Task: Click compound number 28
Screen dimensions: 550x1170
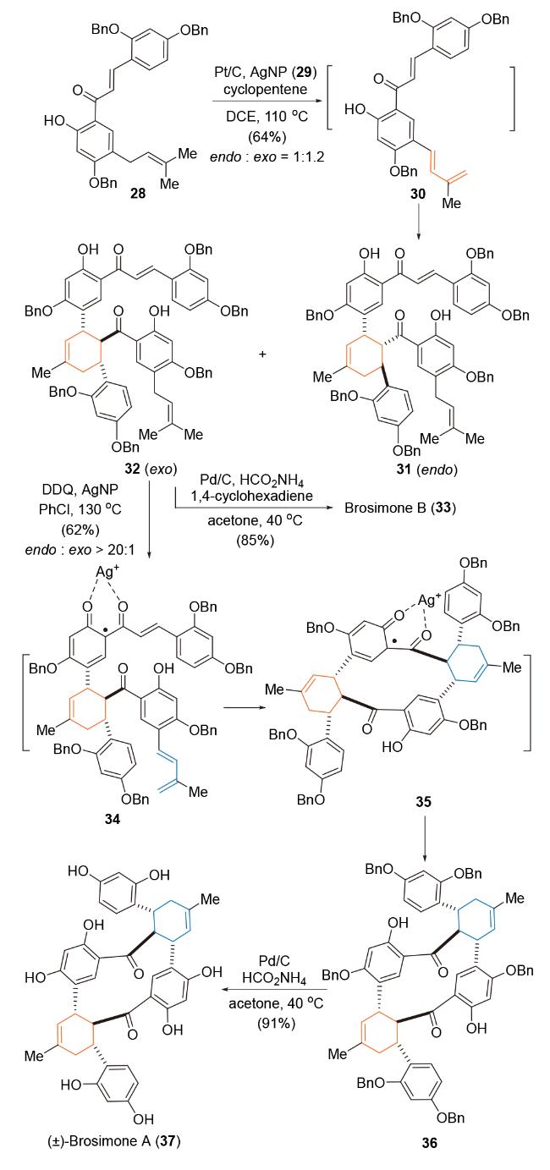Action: coord(138,193)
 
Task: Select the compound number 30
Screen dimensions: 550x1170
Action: coord(418,194)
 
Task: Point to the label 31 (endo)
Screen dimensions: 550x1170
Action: coord(426,469)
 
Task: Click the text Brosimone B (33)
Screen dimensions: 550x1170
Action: coord(400,508)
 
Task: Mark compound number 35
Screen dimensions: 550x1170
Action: coord(424,800)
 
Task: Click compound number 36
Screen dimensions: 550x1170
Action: coord(429,1143)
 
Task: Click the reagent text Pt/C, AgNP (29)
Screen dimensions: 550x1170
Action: coord(266,73)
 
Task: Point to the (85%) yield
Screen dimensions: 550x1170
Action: coord(255,540)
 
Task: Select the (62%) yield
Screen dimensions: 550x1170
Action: coord(80,530)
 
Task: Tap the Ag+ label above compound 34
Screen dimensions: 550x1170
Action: coord(107,571)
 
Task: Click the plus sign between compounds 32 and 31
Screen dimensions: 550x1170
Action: coord(262,354)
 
